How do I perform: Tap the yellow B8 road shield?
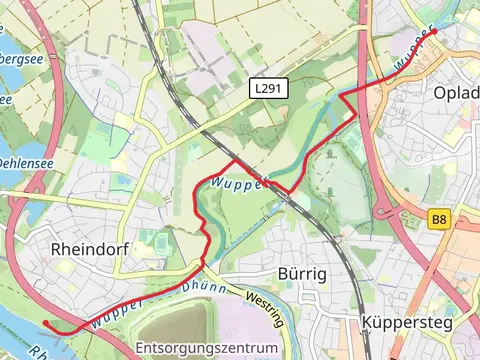439,218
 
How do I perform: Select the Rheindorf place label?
90,248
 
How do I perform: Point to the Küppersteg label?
405,323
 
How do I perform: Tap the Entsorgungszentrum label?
206,348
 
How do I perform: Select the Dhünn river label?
204,288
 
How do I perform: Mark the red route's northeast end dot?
434,32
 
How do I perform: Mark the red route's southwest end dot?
46,323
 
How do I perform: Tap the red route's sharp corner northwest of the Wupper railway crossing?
235,159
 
